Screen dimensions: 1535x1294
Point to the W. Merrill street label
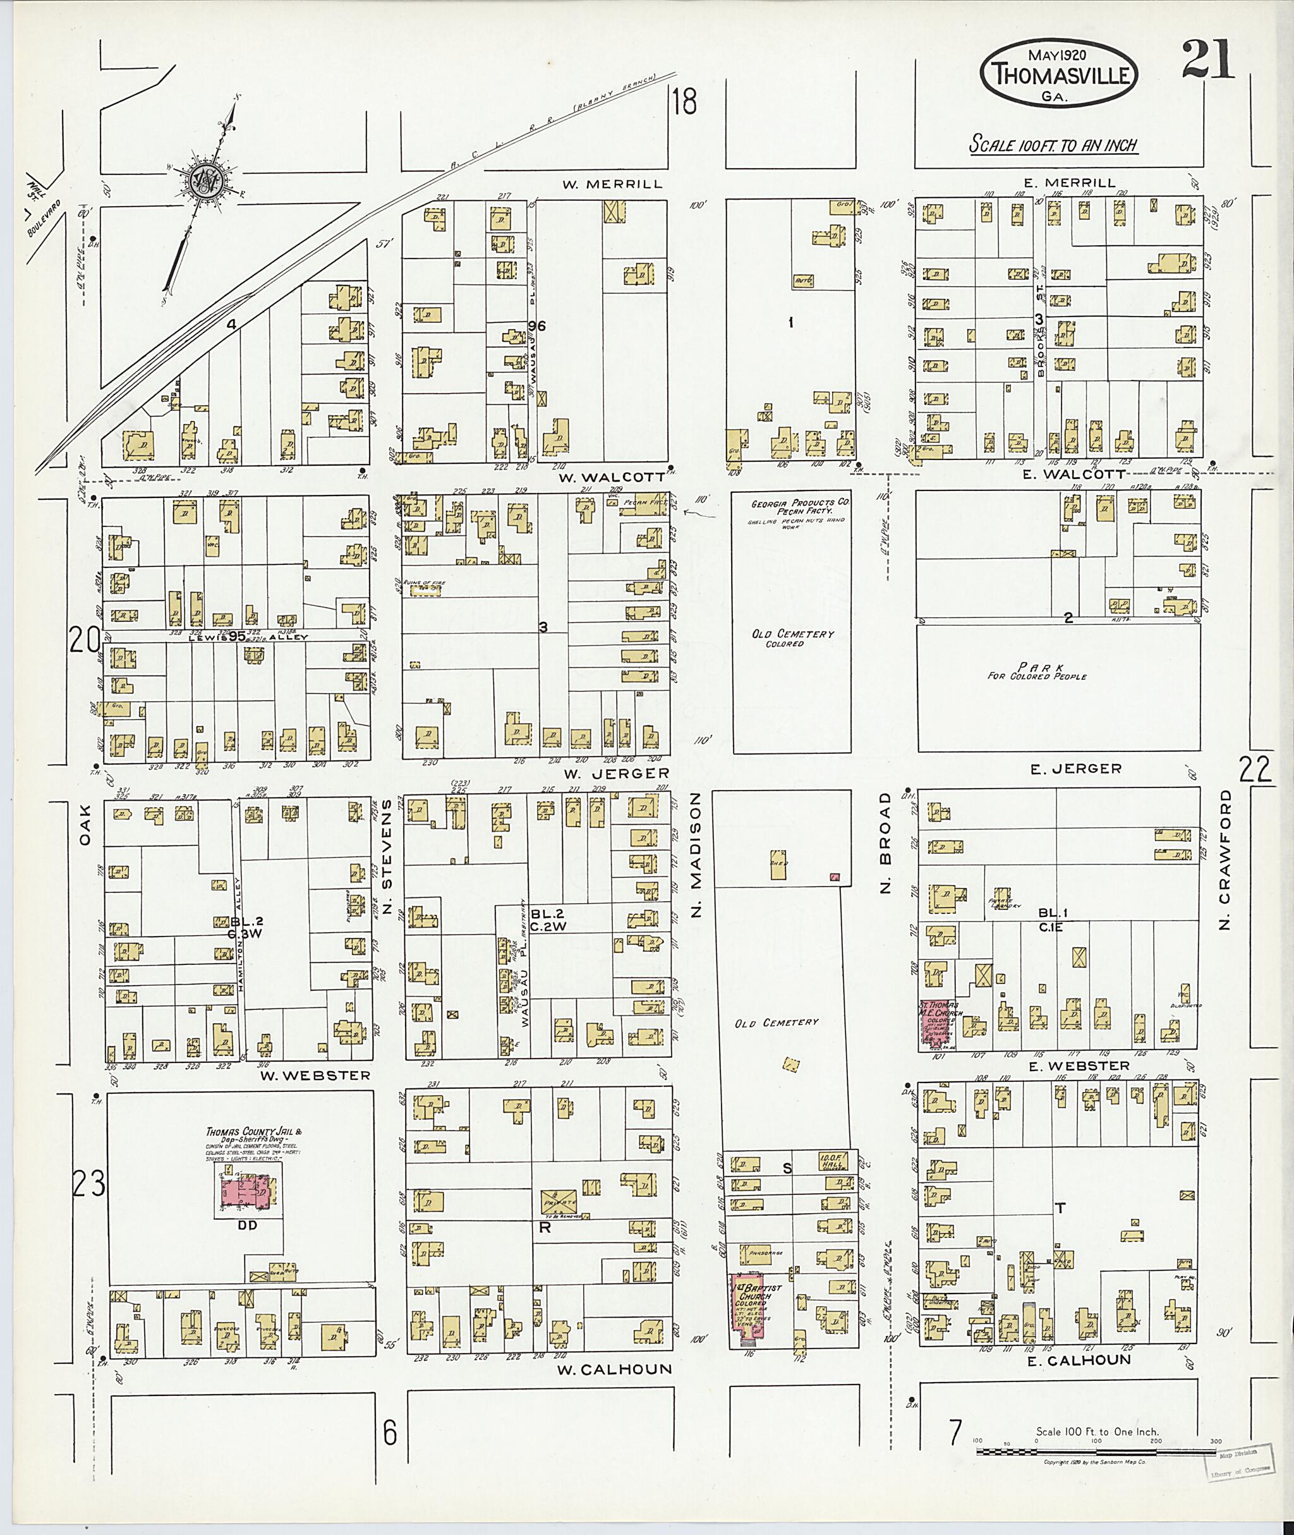[612, 184]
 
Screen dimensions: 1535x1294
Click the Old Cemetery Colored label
[792, 638]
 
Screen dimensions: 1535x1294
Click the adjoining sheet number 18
[684, 101]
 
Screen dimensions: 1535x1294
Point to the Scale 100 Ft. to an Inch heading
[1053, 145]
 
